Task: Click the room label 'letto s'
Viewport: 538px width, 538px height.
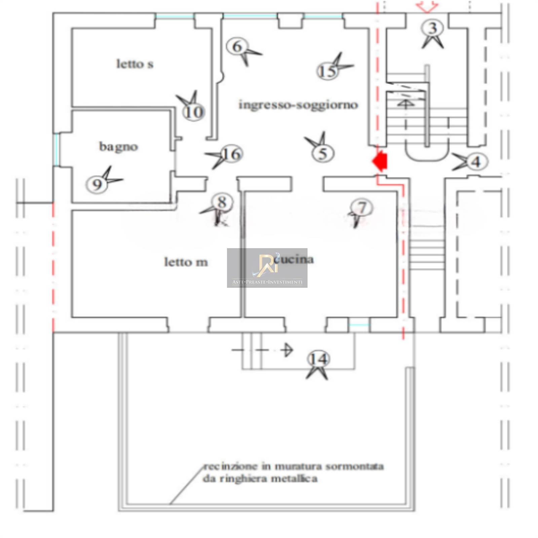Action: (x=135, y=64)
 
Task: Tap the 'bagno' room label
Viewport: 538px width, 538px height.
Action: (x=118, y=147)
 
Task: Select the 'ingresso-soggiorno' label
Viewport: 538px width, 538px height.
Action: (x=298, y=105)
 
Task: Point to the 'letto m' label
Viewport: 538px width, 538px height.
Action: (x=186, y=262)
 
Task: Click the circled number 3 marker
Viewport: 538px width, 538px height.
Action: (x=433, y=28)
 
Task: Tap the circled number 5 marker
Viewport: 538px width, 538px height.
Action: (x=323, y=154)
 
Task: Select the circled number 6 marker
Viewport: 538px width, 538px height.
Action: (x=237, y=46)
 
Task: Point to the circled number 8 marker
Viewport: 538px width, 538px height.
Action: (x=222, y=202)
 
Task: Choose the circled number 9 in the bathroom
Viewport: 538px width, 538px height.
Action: (x=97, y=185)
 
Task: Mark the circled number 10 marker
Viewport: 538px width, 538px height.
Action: (x=194, y=112)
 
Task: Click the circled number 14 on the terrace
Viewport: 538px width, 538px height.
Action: (x=318, y=359)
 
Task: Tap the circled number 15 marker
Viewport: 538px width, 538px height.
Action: (x=327, y=71)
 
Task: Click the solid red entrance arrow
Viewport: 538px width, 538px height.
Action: (x=380, y=161)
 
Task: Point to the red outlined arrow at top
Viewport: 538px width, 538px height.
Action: (x=427, y=6)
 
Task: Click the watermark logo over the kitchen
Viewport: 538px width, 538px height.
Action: (x=267, y=268)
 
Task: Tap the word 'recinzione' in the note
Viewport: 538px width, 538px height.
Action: (x=231, y=466)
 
